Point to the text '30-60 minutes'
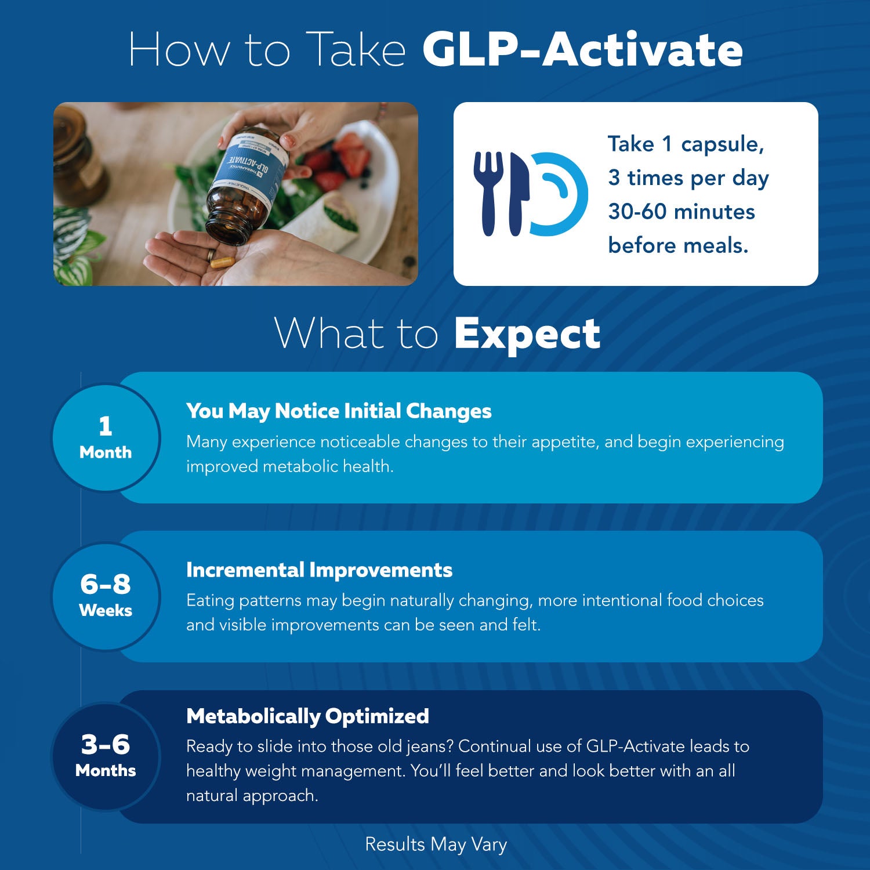tap(681, 212)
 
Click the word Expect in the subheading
tap(527, 335)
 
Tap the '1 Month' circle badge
tap(106, 438)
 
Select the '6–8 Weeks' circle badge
tap(106, 596)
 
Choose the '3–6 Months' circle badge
tap(106, 756)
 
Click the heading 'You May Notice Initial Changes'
tap(339, 411)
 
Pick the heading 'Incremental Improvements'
tap(319, 570)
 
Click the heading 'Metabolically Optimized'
tap(307, 716)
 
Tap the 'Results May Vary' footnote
tap(436, 844)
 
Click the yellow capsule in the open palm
tap(223, 262)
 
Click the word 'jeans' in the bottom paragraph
tap(428, 747)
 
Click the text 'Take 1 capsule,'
tap(686, 144)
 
